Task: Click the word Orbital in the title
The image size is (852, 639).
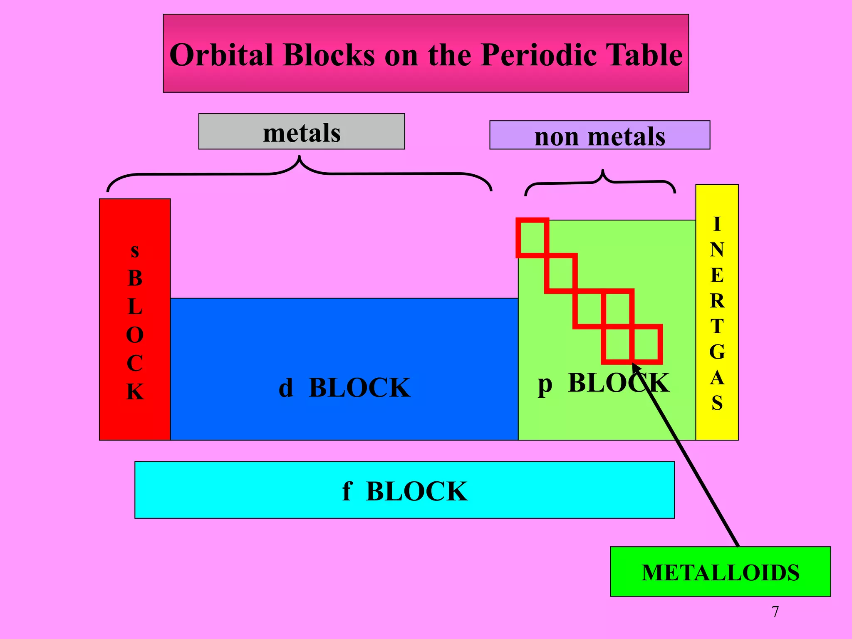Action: coord(221,55)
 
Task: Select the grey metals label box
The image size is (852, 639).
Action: coord(302,132)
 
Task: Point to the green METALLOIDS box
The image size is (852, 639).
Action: coord(720,572)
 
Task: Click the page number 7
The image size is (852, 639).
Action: coord(775,612)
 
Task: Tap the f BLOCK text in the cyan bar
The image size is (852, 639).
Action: coord(404,491)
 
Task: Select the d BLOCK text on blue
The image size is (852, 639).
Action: coord(344,388)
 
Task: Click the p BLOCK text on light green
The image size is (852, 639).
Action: coord(603,383)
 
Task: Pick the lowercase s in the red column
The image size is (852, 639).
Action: coord(135,251)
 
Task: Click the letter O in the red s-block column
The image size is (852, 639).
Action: coord(135,335)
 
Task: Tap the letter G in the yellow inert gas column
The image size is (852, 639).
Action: coord(717,352)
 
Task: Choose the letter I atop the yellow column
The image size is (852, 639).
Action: coord(717,224)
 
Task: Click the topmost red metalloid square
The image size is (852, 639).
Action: coord(532,238)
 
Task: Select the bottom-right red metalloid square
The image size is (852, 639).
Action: coord(646,344)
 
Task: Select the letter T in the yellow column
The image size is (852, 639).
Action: coord(717,326)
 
